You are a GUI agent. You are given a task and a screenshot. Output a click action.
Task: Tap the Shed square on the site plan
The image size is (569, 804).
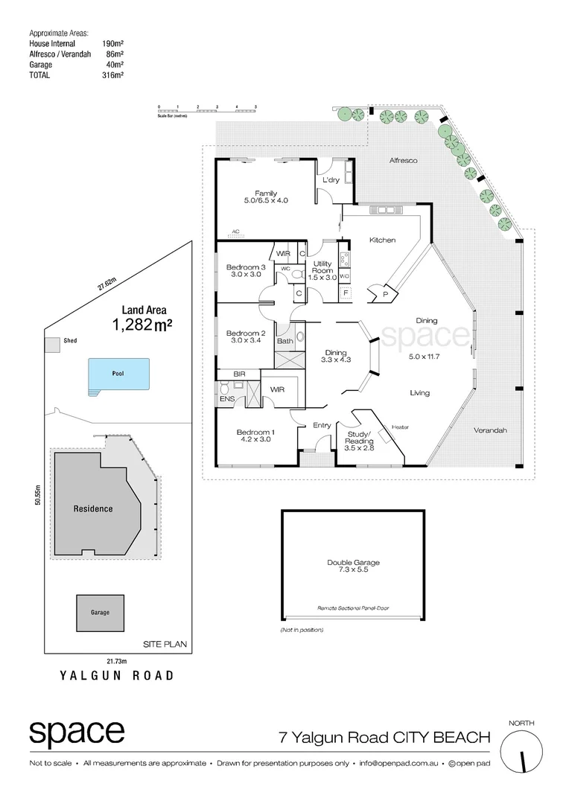(52, 345)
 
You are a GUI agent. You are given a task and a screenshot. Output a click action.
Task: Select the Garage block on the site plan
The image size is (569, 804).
(100, 612)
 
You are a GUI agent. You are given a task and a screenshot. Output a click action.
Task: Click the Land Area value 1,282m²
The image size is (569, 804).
(139, 325)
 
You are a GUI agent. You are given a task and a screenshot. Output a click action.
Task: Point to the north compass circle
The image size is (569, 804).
(523, 752)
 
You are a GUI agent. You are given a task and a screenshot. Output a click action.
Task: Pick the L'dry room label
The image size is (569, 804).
(331, 180)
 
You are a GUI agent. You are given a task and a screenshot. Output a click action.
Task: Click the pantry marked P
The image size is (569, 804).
(385, 294)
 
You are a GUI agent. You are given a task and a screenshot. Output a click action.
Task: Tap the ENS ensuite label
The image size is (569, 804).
(227, 400)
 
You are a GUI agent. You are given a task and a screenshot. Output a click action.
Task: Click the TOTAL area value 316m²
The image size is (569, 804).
(113, 75)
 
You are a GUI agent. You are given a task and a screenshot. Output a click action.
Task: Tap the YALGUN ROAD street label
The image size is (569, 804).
(117, 676)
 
